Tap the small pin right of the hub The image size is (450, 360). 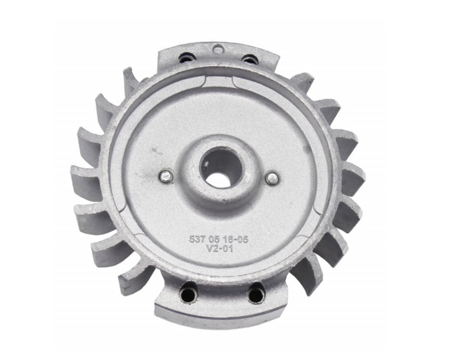coord(272,179)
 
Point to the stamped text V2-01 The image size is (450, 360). coord(217,249)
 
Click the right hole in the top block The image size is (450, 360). coord(249,59)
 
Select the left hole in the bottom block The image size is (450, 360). coord(188,293)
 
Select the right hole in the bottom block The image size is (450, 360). coord(256,293)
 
